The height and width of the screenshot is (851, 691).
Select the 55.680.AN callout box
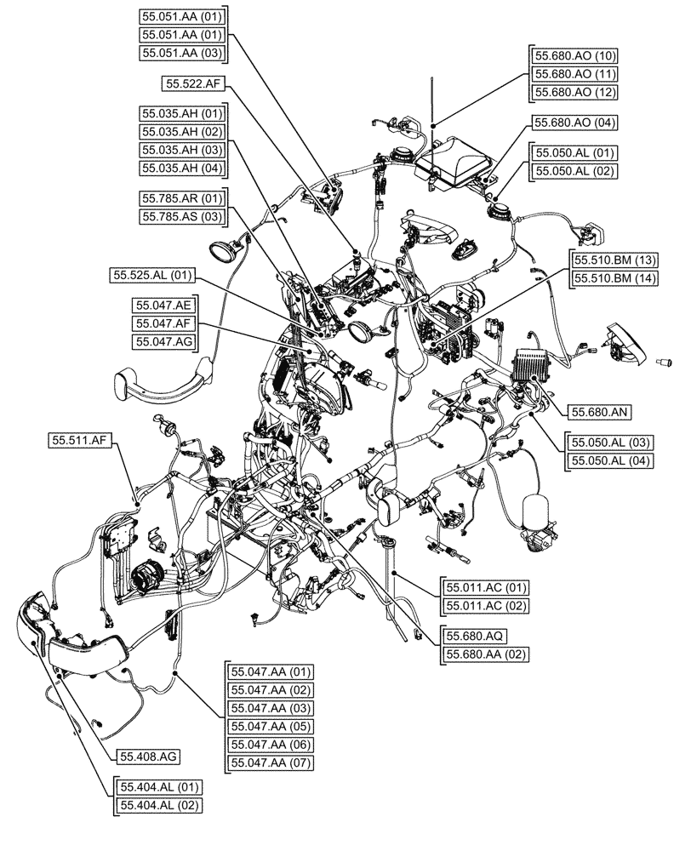pyautogui.click(x=591, y=411)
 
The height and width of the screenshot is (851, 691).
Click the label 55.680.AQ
pyautogui.click(x=472, y=636)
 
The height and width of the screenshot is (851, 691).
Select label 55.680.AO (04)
pyautogui.click(x=574, y=123)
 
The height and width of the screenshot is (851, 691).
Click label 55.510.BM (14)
pyautogui.click(x=614, y=278)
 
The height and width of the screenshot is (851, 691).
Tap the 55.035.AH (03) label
pyautogui.click(x=181, y=150)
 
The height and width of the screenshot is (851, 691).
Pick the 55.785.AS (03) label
pyautogui.click(x=181, y=217)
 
